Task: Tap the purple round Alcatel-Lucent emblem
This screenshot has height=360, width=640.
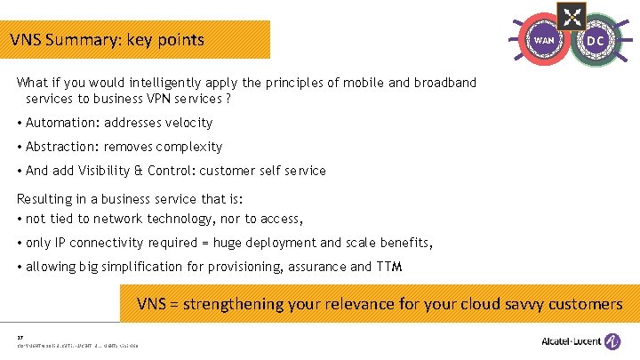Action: (613, 340)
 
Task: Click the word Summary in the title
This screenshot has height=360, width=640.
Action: (90, 40)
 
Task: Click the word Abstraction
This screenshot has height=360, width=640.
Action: (62, 147)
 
